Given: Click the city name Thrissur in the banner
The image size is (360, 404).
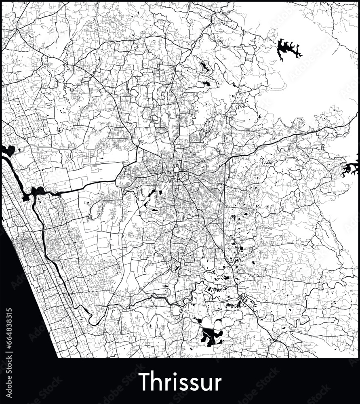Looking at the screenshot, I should click(x=180, y=382).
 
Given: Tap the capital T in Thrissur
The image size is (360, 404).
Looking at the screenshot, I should click(x=143, y=382).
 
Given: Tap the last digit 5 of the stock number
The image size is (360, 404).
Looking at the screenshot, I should click(x=10, y=311).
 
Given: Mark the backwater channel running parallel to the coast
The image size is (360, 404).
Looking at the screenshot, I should click(x=53, y=259).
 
